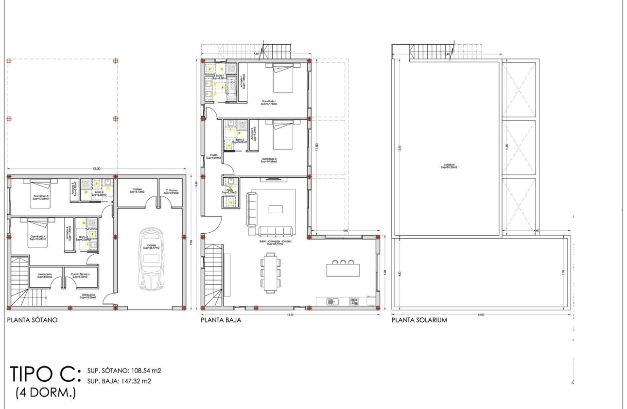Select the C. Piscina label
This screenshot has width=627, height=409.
(171, 191)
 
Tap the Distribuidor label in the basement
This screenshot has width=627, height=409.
(88, 296)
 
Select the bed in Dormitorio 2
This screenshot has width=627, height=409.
(283, 135)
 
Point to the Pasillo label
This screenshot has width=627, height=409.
(213, 156)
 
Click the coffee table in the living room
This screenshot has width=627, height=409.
(276, 209)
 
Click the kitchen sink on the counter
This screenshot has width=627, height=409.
(332, 301)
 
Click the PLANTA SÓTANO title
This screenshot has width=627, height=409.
(32, 320)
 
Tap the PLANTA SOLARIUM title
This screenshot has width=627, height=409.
(419, 320)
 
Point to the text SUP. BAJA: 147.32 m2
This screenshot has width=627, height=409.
(119, 381)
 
